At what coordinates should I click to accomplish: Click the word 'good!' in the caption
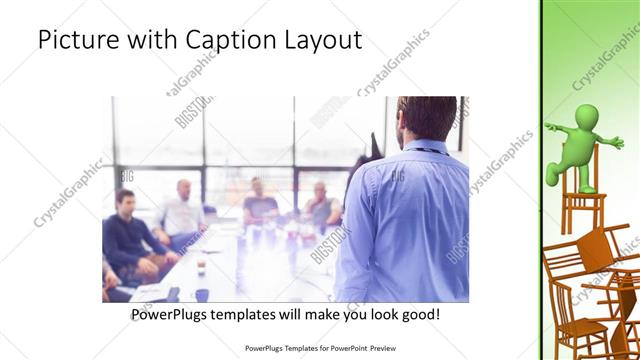[419, 315]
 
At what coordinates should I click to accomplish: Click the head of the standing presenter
[413, 119]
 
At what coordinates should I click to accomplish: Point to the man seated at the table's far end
[259, 199]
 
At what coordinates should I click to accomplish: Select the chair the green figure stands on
[579, 210]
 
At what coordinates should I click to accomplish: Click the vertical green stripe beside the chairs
[542, 180]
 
